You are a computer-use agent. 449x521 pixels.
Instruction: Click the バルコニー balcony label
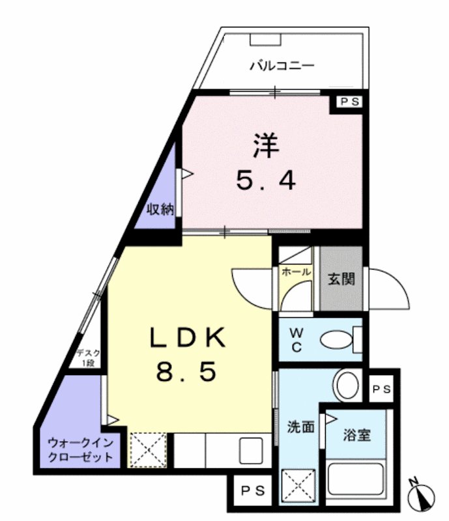click(x=282, y=65)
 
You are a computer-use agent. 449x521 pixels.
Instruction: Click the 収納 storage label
click(x=160, y=209)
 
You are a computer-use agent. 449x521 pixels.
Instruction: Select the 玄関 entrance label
click(x=341, y=280)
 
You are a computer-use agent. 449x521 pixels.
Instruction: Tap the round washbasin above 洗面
click(x=347, y=385)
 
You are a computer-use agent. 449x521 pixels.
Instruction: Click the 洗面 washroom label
click(x=300, y=428)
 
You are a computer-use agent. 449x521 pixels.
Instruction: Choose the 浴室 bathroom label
click(x=357, y=434)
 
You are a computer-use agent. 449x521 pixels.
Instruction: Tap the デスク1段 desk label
click(x=87, y=359)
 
